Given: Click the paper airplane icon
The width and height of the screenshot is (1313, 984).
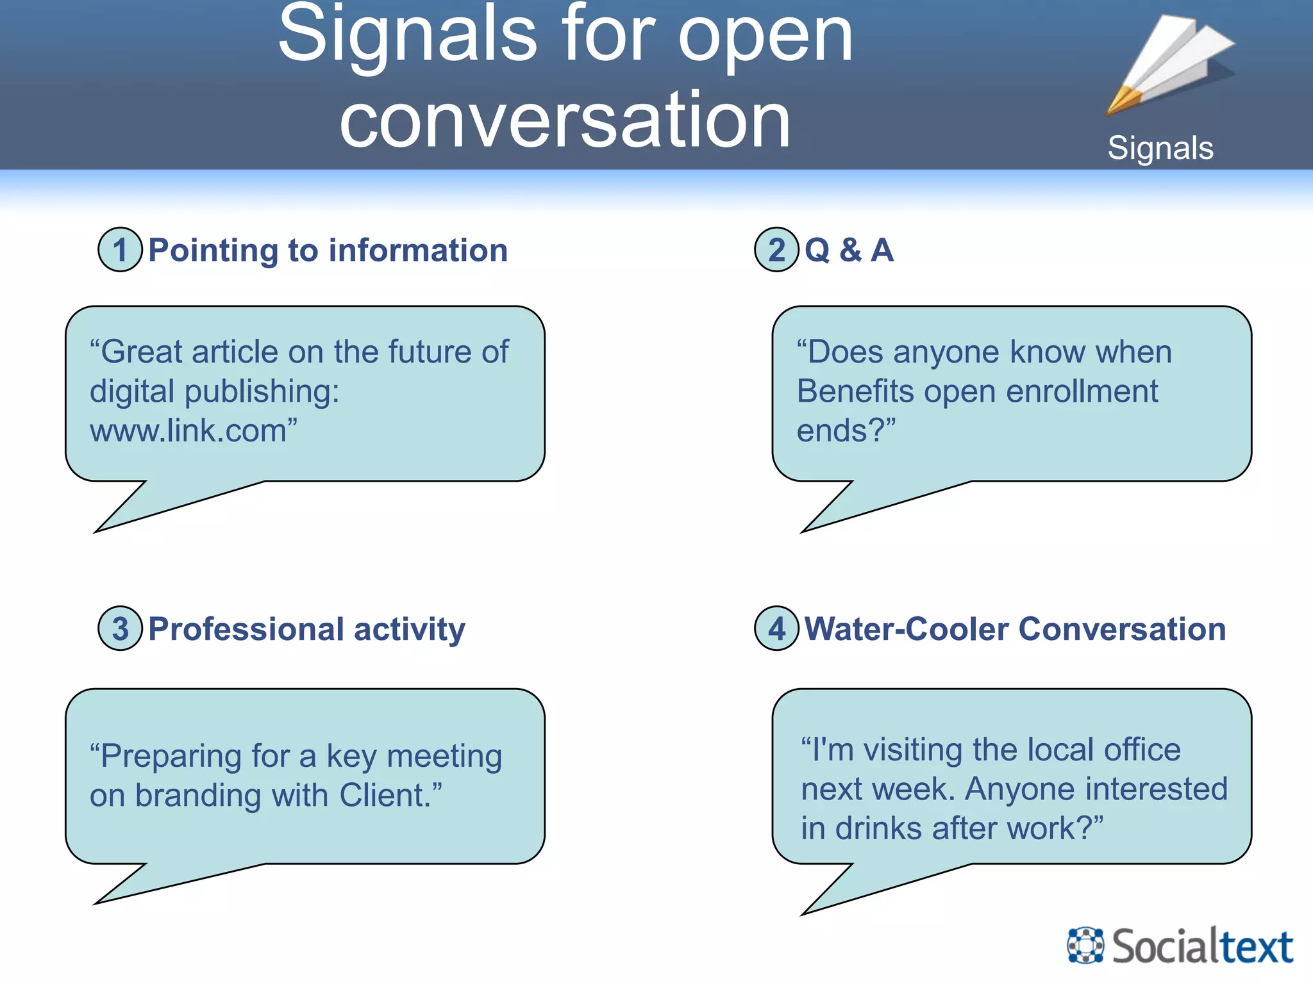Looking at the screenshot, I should (1171, 64).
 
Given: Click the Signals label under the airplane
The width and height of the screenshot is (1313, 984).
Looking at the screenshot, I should (1160, 148).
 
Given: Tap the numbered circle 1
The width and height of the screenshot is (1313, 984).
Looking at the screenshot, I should (120, 250).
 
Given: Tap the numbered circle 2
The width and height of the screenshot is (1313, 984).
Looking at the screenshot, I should (776, 250).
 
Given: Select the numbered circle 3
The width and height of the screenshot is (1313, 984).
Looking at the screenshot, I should (120, 628).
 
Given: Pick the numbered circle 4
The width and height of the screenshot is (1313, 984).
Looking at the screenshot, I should (776, 628).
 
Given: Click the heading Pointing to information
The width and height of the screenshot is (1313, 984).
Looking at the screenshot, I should (328, 250).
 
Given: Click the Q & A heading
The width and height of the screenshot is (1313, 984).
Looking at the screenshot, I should (849, 250).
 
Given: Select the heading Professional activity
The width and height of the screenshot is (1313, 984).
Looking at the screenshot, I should (306, 629).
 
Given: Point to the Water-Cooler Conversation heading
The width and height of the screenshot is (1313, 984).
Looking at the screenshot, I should (1015, 628).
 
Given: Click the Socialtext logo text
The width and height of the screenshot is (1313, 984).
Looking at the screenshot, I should (1202, 946).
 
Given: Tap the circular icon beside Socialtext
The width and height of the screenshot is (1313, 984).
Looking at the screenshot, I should (1085, 945).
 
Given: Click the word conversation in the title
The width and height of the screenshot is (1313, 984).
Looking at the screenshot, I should (565, 120).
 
